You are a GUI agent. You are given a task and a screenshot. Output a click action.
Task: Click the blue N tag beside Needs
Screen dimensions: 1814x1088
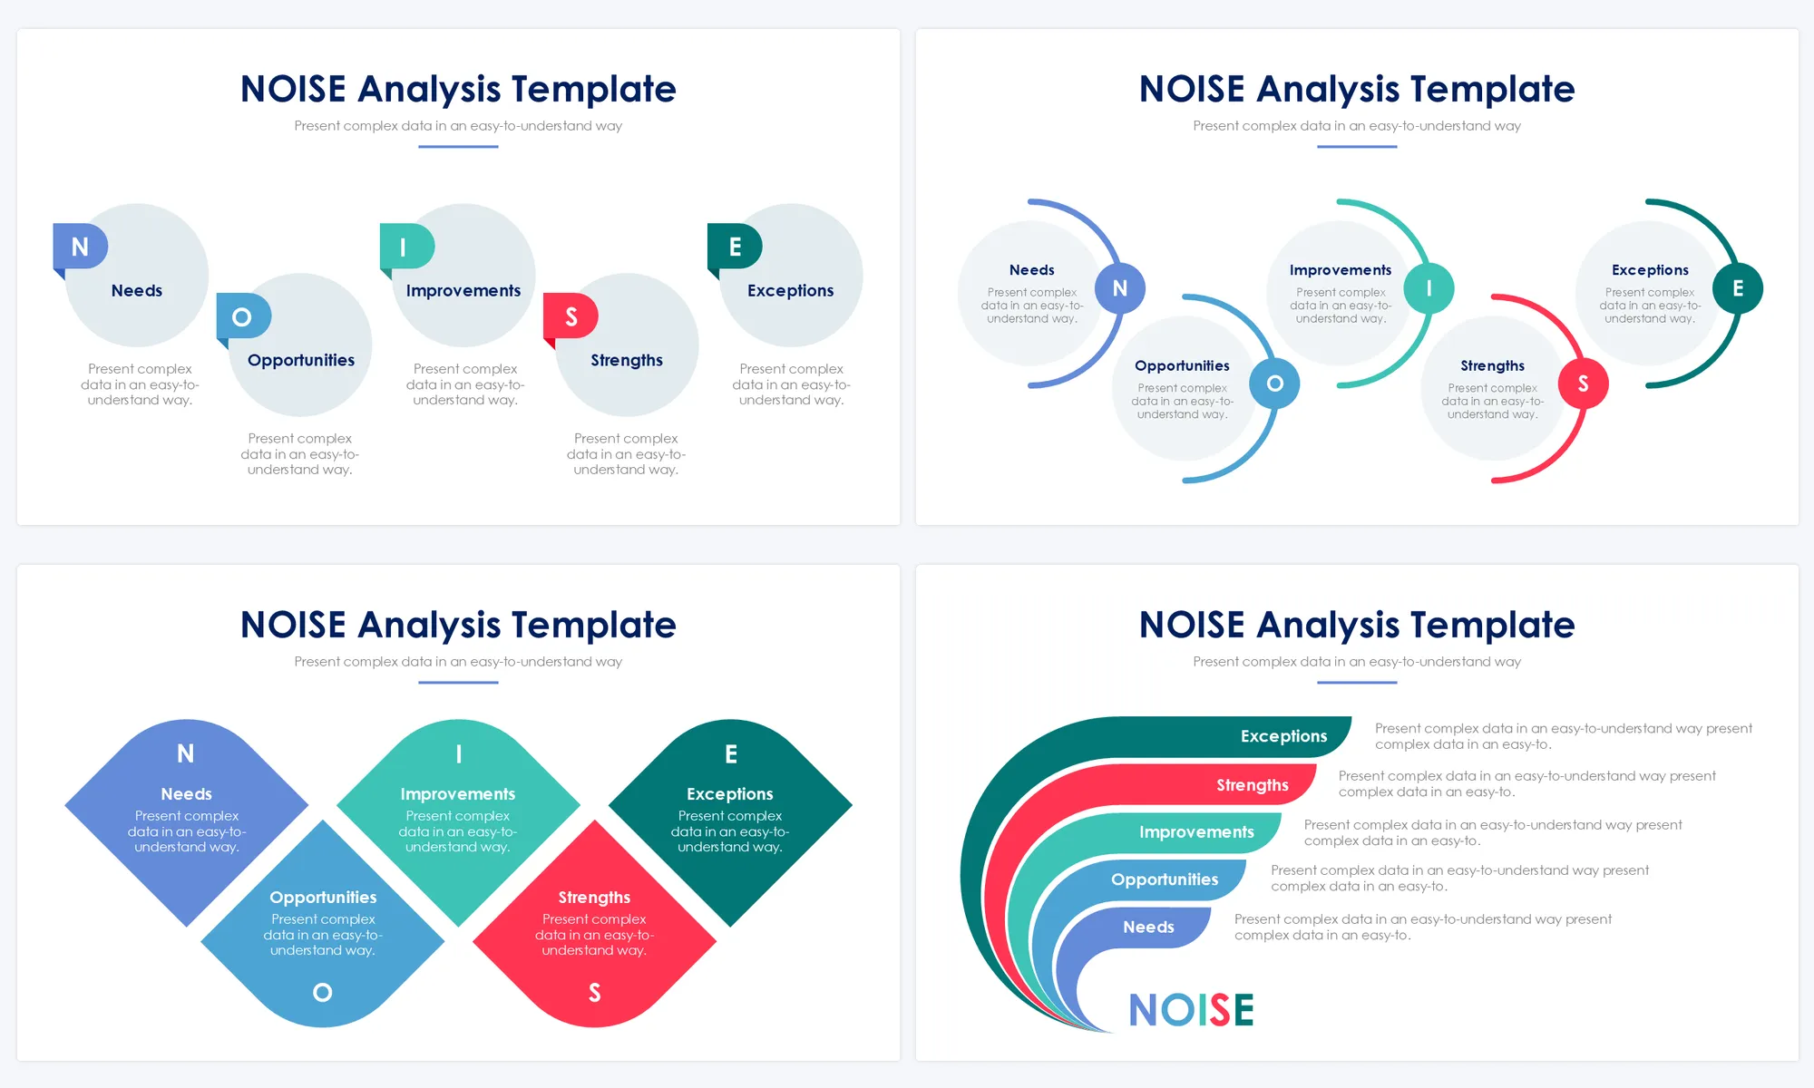(80, 248)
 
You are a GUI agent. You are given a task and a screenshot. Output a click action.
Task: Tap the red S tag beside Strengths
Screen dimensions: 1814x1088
(571, 317)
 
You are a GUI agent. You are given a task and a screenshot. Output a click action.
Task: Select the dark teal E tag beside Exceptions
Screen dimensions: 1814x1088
(735, 248)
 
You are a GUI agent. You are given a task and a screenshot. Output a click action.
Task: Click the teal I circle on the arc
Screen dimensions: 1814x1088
(1429, 288)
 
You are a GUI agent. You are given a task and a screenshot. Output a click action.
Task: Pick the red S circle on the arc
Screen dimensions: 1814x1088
(1583, 384)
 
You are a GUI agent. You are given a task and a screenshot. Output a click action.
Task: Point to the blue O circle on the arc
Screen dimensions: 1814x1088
(1274, 384)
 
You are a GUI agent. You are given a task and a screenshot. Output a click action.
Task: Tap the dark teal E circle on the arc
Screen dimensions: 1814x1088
(1738, 288)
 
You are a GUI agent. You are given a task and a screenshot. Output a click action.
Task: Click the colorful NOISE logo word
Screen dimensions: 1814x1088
(1191, 1010)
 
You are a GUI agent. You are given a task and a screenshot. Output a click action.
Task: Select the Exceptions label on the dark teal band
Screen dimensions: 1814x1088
(1283, 736)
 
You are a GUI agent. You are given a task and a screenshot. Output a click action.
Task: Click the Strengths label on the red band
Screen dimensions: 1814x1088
(1253, 785)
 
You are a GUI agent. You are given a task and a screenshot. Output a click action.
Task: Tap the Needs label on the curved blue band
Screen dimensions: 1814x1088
(1148, 927)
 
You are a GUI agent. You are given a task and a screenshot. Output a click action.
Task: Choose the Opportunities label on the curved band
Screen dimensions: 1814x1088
(1165, 879)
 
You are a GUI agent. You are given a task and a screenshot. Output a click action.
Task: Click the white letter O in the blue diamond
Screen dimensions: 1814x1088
(322, 993)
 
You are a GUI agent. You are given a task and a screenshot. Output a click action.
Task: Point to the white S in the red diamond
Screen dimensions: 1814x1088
(594, 993)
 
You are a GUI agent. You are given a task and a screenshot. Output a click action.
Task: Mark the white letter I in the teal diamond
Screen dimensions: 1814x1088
(459, 753)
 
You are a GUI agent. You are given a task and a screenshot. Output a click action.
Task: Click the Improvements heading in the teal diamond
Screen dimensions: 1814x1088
(458, 794)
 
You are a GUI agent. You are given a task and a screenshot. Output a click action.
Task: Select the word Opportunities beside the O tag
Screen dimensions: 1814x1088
(301, 361)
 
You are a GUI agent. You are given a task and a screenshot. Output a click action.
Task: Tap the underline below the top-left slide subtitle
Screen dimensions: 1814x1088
(458, 147)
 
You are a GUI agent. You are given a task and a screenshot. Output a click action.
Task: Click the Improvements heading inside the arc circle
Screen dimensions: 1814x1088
(1341, 270)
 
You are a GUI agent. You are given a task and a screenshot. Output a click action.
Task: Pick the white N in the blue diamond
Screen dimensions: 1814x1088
(186, 753)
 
